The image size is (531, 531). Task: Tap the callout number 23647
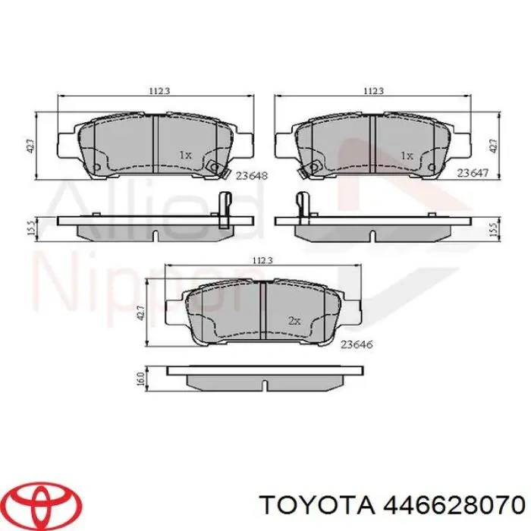click(x=472, y=174)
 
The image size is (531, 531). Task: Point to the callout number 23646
click(x=356, y=344)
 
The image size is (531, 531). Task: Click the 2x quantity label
click(x=295, y=321)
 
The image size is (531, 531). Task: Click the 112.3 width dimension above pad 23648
click(x=158, y=91)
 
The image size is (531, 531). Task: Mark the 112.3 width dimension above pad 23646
click(x=262, y=260)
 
